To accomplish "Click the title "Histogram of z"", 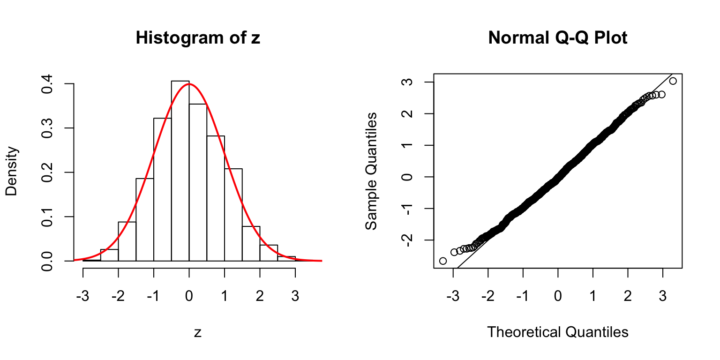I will tap(197, 38).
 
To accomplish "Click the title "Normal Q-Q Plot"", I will tap(557, 38).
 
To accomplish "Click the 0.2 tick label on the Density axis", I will tap(47, 172).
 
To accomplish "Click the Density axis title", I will tap(12, 171).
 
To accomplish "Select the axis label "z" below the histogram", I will tap(198, 332).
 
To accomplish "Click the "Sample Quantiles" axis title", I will tap(371, 171).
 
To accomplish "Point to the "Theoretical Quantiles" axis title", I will tap(557, 332).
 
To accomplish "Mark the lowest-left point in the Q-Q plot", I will tap(443, 261).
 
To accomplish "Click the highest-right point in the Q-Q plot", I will tap(673, 81).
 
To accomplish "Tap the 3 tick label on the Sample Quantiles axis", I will tap(407, 82).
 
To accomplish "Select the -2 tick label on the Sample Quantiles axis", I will tap(407, 240).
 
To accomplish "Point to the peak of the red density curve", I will tap(189, 84).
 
